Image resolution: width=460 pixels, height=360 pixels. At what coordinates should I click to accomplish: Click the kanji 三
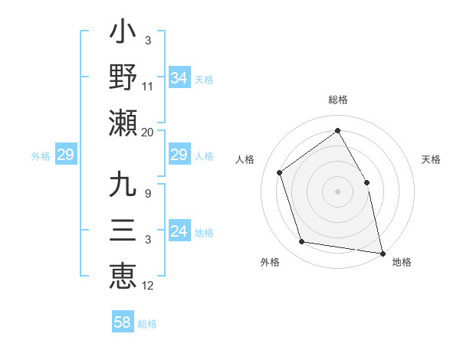[x=123, y=231]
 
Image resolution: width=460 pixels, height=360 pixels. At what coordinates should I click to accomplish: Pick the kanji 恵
[x=123, y=274]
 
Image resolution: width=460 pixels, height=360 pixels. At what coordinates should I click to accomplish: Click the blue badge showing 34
[x=179, y=77]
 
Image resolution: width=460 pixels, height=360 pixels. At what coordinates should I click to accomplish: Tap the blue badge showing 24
[x=179, y=231]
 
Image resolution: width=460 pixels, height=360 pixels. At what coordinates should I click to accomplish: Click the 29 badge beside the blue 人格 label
[x=179, y=155]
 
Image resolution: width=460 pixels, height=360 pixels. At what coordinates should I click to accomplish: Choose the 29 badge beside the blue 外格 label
[x=65, y=155]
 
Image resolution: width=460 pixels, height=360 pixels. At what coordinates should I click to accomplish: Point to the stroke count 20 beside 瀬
[x=147, y=133]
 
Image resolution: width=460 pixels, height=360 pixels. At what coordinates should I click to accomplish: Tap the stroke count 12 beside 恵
[x=147, y=286]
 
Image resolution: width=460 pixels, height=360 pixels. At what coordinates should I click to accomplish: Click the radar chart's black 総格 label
[x=337, y=100]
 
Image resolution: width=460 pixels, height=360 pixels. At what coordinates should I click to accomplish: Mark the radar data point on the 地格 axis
[x=383, y=252]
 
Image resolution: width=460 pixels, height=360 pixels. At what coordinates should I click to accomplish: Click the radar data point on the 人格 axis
[x=280, y=172]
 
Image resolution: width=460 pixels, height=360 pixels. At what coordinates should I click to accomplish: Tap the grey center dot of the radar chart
[x=337, y=191]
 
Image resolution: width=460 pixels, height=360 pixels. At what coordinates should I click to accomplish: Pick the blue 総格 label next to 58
[x=147, y=324]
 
